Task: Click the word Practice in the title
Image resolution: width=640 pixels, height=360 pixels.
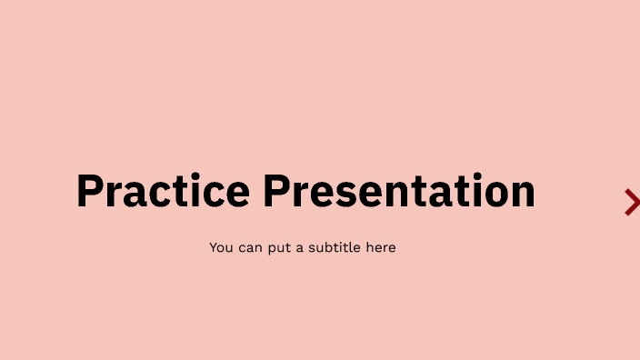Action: click(163, 191)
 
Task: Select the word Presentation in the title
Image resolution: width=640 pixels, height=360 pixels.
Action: click(399, 191)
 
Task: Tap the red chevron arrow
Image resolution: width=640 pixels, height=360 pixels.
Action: click(632, 202)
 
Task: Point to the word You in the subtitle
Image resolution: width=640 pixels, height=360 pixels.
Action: click(221, 247)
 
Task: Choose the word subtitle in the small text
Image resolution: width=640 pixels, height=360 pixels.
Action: click(335, 247)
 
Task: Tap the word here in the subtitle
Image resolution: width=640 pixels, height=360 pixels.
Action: click(381, 247)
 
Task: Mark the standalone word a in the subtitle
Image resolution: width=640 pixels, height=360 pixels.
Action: click(301, 248)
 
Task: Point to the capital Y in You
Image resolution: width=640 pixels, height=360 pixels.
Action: click(214, 247)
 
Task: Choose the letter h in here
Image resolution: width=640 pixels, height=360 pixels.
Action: click(369, 247)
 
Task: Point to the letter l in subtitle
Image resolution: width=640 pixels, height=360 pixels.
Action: click(352, 246)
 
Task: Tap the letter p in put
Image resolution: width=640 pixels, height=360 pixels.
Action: click(270, 249)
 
